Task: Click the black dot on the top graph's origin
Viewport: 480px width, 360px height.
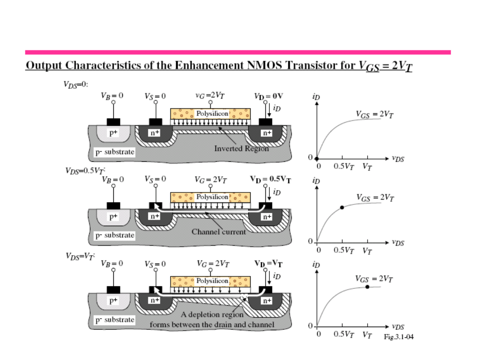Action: point(316,159)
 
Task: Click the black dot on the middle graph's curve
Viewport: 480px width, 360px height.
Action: point(342,208)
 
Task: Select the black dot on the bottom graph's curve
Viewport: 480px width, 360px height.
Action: point(367,287)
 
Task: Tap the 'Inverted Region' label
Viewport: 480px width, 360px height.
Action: point(241,148)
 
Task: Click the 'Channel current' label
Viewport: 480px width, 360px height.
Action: point(219,232)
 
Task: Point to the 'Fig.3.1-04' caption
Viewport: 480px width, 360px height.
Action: point(399,336)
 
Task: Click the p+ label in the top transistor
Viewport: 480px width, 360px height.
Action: point(114,132)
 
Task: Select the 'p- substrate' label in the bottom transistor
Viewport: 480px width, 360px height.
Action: point(115,320)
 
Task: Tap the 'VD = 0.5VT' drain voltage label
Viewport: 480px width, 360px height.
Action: point(271,180)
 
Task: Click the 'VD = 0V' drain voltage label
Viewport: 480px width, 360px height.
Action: point(268,96)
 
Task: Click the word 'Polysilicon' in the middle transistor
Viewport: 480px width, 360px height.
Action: point(212,196)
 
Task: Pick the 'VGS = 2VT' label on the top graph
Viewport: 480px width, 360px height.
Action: point(375,114)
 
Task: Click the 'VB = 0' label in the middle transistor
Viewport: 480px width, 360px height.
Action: point(113,180)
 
